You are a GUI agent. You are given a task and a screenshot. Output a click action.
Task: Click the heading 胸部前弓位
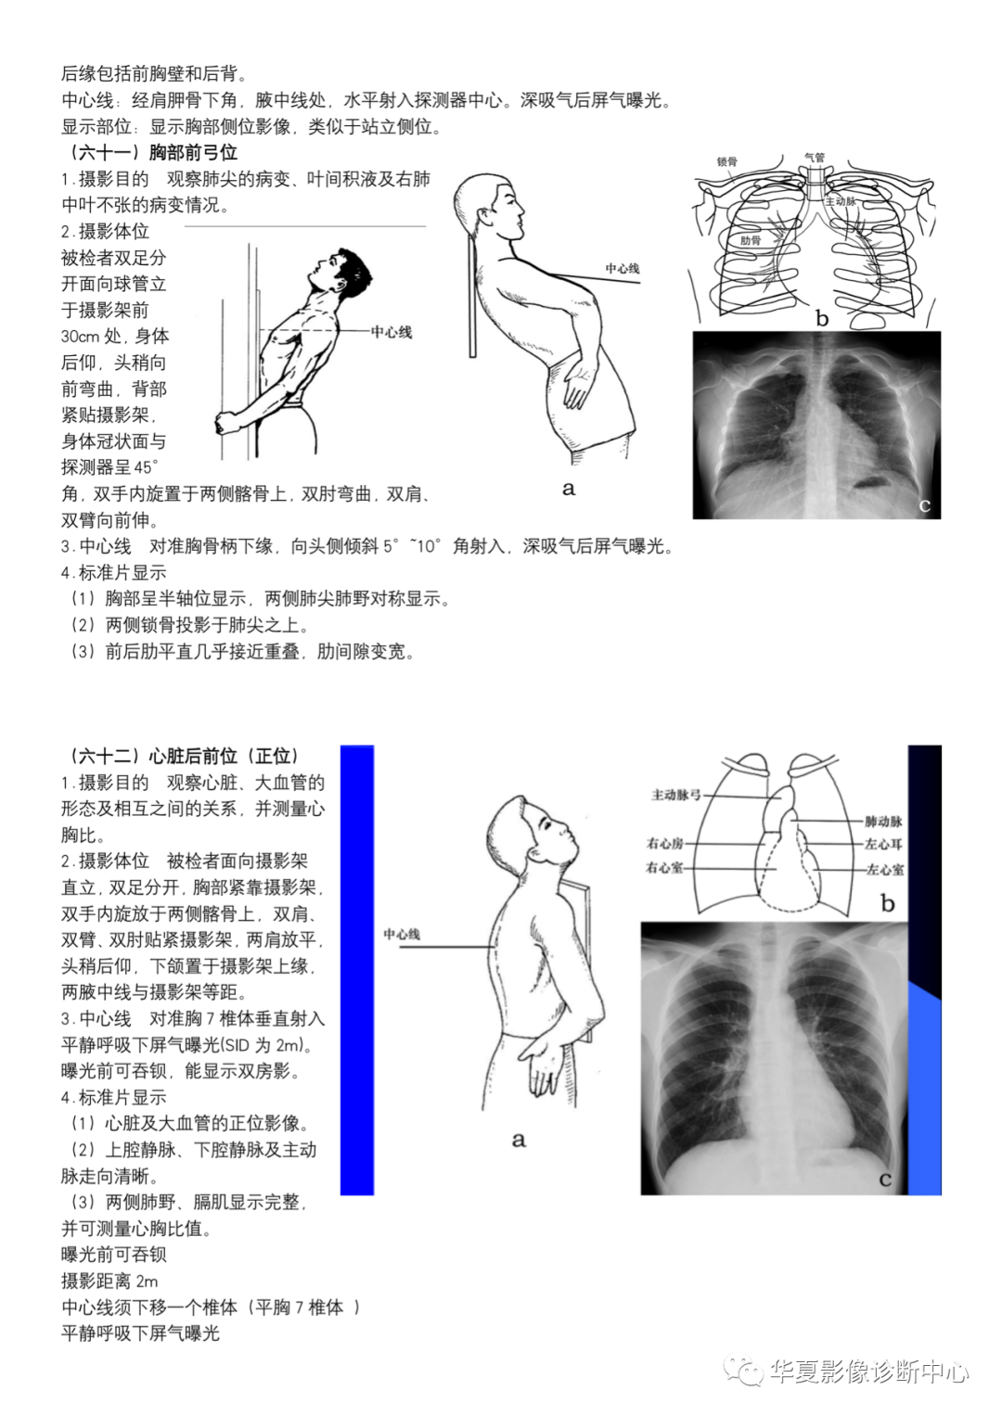[192, 152]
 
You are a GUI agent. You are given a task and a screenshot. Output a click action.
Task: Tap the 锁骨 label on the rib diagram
[726, 161]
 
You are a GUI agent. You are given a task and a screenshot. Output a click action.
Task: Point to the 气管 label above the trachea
[814, 158]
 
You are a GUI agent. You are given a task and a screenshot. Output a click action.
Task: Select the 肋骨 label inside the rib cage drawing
[750, 241]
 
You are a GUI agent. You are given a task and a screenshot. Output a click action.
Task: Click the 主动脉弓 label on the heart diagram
[676, 795]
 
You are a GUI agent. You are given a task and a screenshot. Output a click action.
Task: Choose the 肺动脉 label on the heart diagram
[882, 822]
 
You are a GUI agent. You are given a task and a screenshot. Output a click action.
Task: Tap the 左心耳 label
[883, 845]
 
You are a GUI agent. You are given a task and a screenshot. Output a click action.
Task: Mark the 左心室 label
[884, 870]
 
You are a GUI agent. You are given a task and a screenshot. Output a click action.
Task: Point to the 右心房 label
[664, 843]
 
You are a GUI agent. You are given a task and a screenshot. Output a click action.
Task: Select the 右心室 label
[664, 868]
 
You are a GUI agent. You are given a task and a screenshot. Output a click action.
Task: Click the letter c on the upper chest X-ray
[924, 505]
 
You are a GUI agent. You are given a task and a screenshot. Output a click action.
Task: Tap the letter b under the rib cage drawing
[822, 318]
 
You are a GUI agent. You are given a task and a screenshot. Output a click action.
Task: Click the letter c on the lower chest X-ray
[885, 1179]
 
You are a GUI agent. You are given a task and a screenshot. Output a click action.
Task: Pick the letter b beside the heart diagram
[888, 902]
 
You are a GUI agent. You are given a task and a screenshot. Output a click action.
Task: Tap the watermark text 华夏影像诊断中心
[869, 1371]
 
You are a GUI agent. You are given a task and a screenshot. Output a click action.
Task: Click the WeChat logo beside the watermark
[744, 1371]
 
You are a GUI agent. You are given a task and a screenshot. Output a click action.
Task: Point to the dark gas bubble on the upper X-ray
[868, 482]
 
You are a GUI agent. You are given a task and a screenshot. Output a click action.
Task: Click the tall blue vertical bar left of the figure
[357, 969]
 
